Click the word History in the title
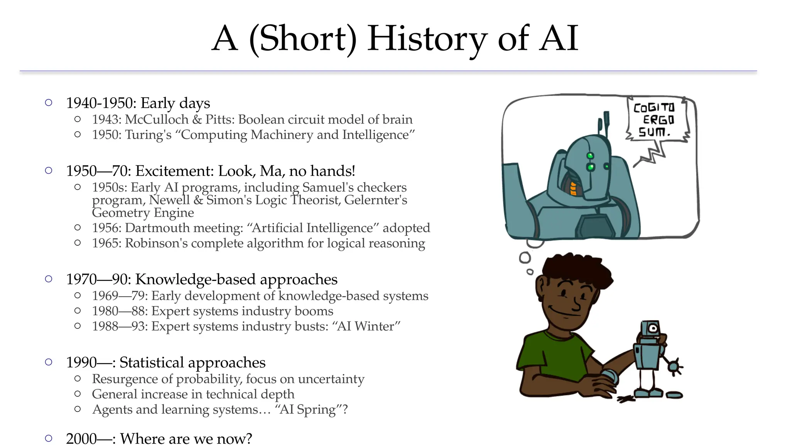pyautogui.click(x=427, y=39)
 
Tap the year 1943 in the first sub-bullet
pyautogui.click(x=106, y=119)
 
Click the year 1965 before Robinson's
pyautogui.click(x=106, y=243)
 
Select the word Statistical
pyautogui.click(x=152, y=362)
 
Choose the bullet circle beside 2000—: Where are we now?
pyautogui.click(x=49, y=438)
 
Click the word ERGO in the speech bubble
pyautogui.click(x=658, y=120)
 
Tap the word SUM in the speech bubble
pyautogui.click(x=653, y=132)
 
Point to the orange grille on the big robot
pyautogui.click(x=573, y=188)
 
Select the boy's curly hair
pyautogui.click(x=575, y=268)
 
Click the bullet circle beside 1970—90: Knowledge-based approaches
pyautogui.click(x=49, y=279)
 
